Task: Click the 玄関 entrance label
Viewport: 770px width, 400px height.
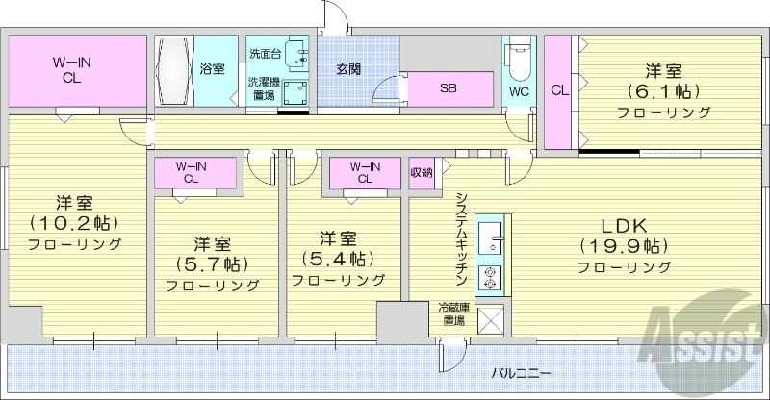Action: point(347,69)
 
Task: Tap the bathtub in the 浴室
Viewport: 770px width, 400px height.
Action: point(175,70)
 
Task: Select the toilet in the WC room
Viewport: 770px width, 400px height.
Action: point(518,62)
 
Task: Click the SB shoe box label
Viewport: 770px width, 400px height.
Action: point(448,88)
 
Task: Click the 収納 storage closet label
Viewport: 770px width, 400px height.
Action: point(422,172)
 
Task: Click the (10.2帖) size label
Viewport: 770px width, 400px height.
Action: point(73,223)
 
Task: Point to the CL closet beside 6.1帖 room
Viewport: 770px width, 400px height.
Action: point(558,91)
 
